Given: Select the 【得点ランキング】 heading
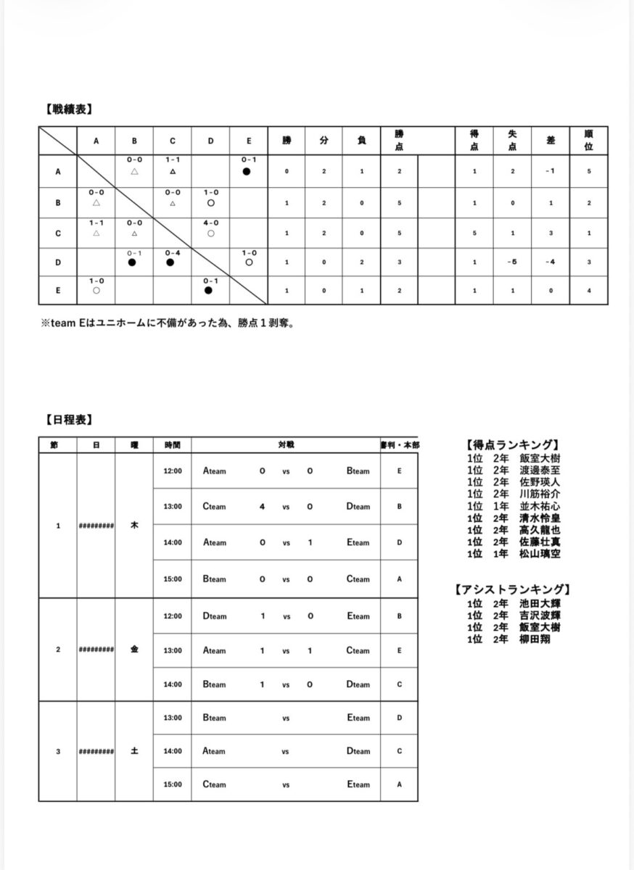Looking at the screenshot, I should coord(511,445).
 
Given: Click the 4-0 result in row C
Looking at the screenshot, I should coord(210,223).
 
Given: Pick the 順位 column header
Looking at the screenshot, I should coord(588,141).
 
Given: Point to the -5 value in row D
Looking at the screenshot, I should coord(512,262).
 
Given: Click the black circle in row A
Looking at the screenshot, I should coord(247,172).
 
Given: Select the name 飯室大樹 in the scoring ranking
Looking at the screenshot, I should coord(539,458).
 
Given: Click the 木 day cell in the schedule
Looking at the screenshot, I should coord(134,525).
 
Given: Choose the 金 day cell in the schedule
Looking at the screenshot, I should coord(134,650).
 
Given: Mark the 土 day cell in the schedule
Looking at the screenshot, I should coord(134,751).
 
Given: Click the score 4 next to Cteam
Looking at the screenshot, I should coord(262,507).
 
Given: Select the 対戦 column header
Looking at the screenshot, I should coord(286,444).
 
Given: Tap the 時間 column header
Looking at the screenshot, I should coord(172,444).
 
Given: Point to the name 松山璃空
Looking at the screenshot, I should coord(539,554).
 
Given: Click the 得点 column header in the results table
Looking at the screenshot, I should coord(474,141).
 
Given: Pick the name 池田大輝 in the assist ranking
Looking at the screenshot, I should coord(539,603).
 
